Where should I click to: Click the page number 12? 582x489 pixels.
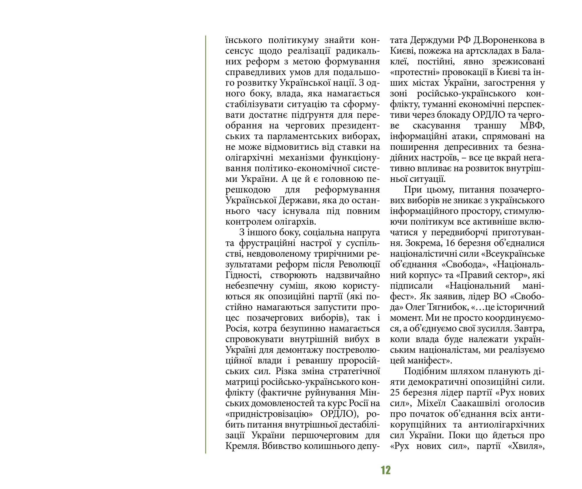pyautogui.click(x=385, y=470)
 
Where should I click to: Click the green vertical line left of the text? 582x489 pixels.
pyautogui.click(x=205, y=244)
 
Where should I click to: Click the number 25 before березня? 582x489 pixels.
pyautogui.click(x=395, y=393)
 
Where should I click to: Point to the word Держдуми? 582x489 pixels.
pyautogui.click(x=433, y=40)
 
